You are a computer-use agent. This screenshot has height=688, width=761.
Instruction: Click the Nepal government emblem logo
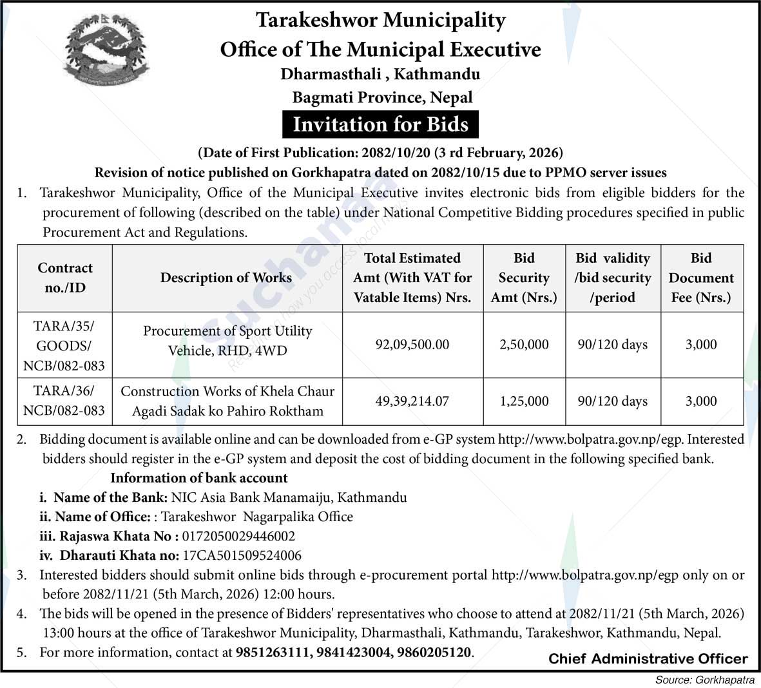click(x=106, y=55)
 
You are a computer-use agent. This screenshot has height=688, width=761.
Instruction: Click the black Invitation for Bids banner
click(x=380, y=124)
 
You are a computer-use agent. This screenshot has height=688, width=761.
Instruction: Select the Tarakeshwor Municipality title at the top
click(x=380, y=20)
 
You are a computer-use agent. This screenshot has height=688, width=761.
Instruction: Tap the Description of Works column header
click(x=226, y=278)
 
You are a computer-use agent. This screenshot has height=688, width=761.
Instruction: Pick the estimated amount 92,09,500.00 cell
click(x=412, y=345)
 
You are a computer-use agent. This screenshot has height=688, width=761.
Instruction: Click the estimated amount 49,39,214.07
click(x=412, y=401)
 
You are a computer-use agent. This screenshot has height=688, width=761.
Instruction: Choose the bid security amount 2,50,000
click(x=524, y=345)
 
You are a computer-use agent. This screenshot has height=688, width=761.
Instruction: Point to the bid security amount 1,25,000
click(x=524, y=401)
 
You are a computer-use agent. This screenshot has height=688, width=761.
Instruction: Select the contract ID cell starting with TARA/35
click(x=64, y=345)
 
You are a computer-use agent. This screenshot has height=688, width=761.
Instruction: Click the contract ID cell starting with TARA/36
click(x=64, y=401)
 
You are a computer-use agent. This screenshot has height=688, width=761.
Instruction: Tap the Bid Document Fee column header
click(x=701, y=278)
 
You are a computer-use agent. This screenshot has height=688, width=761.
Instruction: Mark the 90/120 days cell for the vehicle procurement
click(x=612, y=345)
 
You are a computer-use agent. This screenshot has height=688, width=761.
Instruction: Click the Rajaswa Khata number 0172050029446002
click(x=239, y=536)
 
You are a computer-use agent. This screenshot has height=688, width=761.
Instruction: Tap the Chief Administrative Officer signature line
click(x=648, y=658)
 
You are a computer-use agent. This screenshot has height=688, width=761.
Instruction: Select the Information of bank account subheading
click(x=199, y=478)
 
